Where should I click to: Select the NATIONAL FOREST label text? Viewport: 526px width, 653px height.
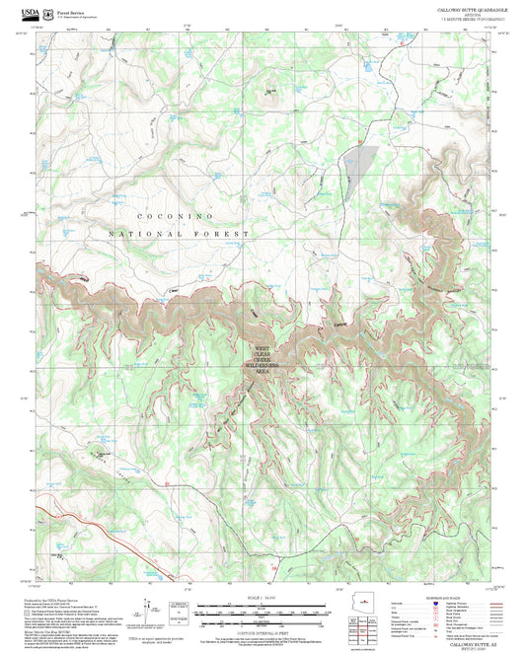point(178,234)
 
